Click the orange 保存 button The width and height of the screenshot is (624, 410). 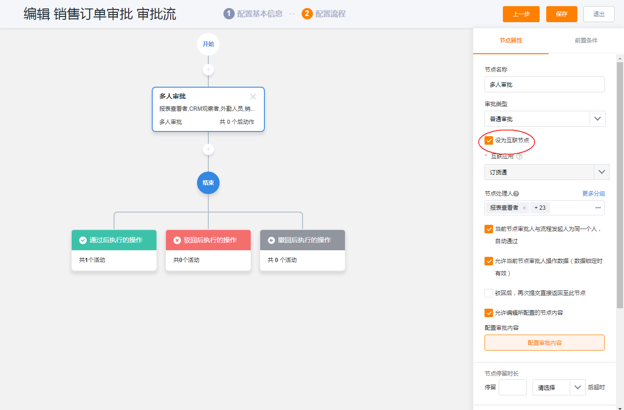click(x=561, y=14)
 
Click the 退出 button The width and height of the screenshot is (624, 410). click(x=599, y=14)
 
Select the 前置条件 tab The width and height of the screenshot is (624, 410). click(x=586, y=41)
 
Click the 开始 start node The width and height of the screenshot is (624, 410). click(x=208, y=44)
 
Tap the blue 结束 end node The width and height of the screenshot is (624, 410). click(x=208, y=183)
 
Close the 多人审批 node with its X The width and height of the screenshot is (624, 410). click(x=253, y=97)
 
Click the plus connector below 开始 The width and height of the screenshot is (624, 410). click(x=208, y=70)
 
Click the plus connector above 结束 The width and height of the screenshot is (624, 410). click(x=208, y=149)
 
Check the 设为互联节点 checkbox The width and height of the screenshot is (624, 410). click(x=489, y=140)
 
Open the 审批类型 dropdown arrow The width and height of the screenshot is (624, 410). click(x=597, y=119)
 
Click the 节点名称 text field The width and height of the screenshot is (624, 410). click(x=544, y=84)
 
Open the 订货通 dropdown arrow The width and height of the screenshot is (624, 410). click(x=602, y=172)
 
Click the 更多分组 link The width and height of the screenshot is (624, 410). click(x=593, y=194)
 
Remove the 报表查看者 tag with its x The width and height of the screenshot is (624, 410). click(x=524, y=208)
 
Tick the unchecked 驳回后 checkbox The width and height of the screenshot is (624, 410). click(x=489, y=293)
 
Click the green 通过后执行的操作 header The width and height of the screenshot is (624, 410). click(x=114, y=240)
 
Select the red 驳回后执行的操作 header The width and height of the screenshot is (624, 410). click(x=208, y=240)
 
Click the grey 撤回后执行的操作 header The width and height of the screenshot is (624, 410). click(x=303, y=240)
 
